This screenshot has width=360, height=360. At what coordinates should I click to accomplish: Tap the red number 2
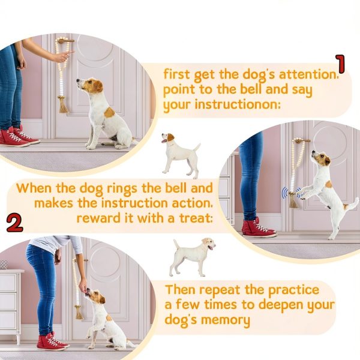click(14, 221)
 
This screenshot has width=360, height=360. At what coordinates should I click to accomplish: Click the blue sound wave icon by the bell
click(285, 194)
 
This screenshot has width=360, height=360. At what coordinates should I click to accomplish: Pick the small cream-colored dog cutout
click(191, 255)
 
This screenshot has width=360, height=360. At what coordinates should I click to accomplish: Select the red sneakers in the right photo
click(257, 227)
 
